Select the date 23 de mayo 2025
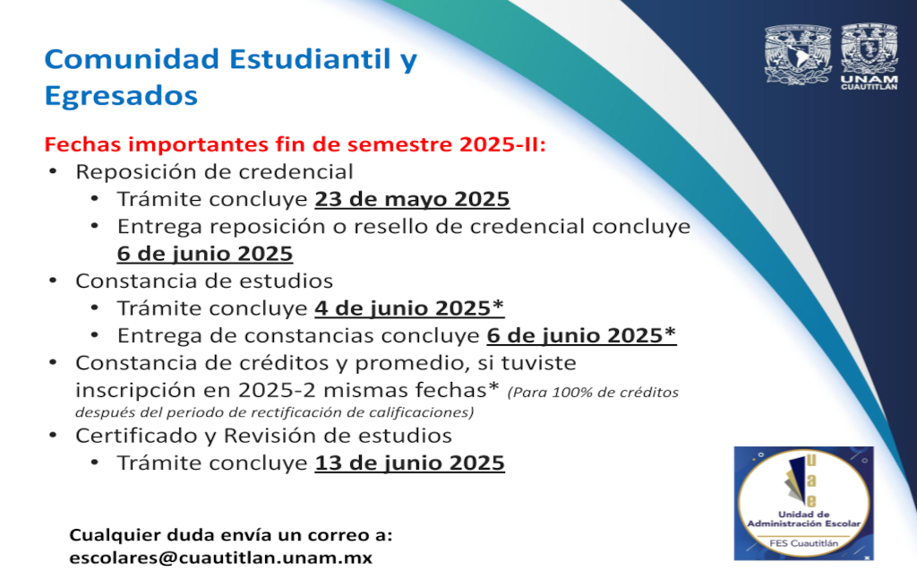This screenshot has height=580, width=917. point(412,200)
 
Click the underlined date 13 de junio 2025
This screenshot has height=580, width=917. point(409,463)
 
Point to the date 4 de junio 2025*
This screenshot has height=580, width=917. point(409,308)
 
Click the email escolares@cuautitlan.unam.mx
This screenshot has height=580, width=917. point(220,558)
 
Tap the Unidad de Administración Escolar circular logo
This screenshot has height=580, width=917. point(804,503)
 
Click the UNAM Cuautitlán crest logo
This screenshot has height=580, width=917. point(869,56)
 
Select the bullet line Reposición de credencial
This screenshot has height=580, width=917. point(214,172)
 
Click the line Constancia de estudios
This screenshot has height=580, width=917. point(204,281)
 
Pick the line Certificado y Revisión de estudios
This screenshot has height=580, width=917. point(264,436)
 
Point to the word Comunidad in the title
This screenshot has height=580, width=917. point(133,59)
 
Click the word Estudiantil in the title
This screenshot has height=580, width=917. point(310,59)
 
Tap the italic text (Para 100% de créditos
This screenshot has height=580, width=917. point(593,392)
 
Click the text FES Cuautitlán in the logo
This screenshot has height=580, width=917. point(803,543)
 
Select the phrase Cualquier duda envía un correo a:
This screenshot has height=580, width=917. point(231,535)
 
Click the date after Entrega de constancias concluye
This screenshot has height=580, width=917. point(582,336)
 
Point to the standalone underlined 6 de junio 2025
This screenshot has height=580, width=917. point(205,254)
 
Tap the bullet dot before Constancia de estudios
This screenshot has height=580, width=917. point(53,281)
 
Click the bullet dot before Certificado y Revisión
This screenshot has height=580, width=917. point(53,436)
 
